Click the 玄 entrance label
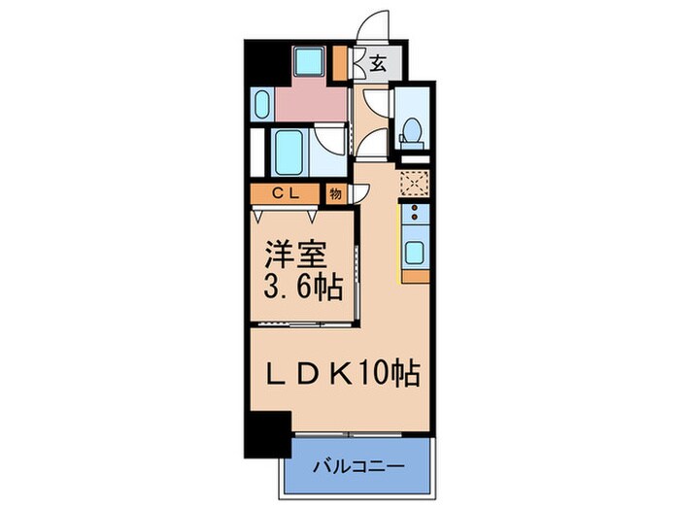[x=377, y=64]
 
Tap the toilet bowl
[x=411, y=129]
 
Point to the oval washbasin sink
[x=261, y=105]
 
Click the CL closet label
[x=285, y=193]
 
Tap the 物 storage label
[x=335, y=193]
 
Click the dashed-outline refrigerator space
[x=414, y=183]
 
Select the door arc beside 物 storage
[x=358, y=192]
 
